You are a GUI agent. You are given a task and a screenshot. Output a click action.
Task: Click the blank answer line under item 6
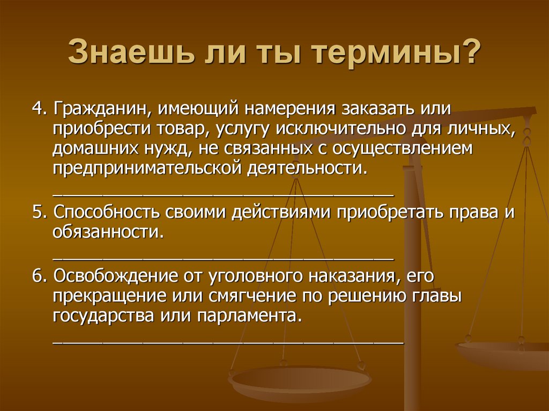227,340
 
